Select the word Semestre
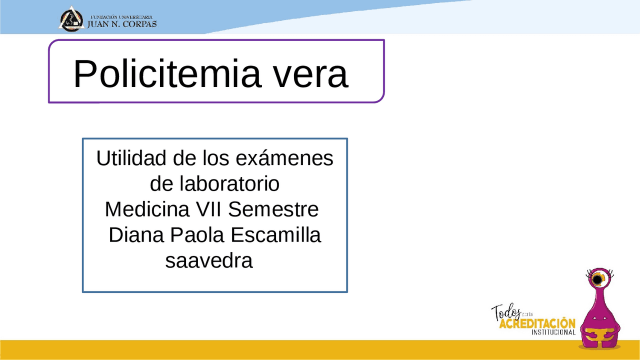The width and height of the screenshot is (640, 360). click(273, 209)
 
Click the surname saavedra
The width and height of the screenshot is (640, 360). click(209, 260)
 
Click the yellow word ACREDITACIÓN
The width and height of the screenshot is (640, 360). click(537, 323)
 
